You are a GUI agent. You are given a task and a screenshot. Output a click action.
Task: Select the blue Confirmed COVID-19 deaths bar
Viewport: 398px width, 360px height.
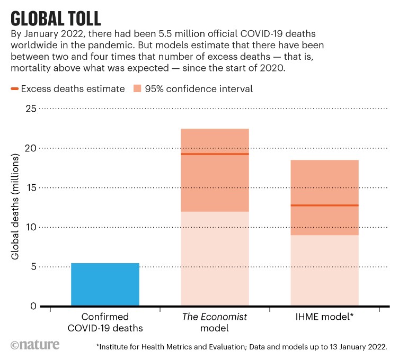105,284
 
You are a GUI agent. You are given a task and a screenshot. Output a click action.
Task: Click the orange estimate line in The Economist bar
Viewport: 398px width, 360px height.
215,154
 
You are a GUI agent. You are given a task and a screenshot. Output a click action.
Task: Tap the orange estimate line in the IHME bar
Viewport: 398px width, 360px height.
324,205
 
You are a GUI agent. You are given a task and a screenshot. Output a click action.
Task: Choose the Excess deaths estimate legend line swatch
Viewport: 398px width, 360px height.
14,88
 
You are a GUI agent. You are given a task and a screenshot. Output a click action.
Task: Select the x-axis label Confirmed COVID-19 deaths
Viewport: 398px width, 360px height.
105,322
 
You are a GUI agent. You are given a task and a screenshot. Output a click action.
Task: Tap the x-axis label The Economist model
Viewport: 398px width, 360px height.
215,322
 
